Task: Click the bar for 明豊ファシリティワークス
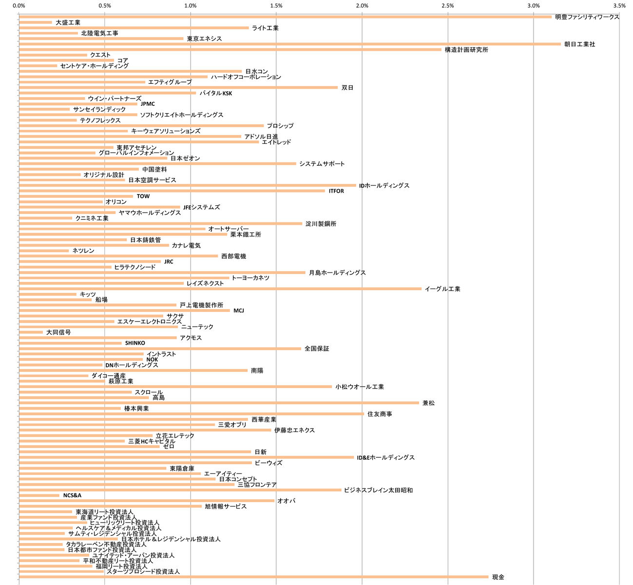[x=285, y=17]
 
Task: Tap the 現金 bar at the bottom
[x=253, y=577]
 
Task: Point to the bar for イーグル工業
[x=220, y=289]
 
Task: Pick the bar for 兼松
[x=219, y=403]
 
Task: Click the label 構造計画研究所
[x=466, y=50]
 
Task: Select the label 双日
[x=347, y=88]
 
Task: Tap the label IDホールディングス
[x=384, y=186]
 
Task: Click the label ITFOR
[x=336, y=191]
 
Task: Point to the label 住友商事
[x=380, y=414]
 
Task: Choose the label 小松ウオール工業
[x=359, y=387]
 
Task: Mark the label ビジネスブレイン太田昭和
[x=378, y=490]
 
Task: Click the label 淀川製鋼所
[x=321, y=224]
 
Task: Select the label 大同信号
[x=58, y=332]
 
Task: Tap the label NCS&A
[x=72, y=495]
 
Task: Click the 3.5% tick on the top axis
[x=619, y=6]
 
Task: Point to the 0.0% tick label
[x=19, y=6]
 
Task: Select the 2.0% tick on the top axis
[x=362, y=6]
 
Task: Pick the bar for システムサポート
[x=157, y=164]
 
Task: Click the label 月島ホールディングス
[x=337, y=273]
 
